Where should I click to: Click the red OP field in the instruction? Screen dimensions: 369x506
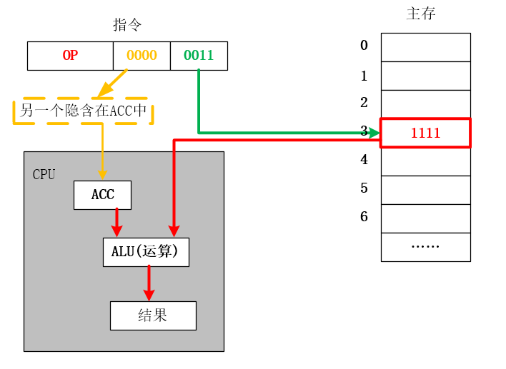tap(70, 56)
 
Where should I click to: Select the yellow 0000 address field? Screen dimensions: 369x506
tap(142, 56)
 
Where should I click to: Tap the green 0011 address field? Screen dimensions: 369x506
tap(199, 56)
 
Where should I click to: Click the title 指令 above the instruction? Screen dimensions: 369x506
tap(127, 25)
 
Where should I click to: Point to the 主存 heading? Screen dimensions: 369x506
tap(421, 14)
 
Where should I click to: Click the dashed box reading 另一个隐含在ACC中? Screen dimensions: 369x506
tap(83, 111)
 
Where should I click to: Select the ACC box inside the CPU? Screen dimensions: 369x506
tap(103, 195)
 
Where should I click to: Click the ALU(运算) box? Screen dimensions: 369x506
tap(146, 252)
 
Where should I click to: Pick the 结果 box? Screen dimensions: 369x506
tap(153, 315)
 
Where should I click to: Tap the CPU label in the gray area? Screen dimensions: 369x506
tap(44, 174)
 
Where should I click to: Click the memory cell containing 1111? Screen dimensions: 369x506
tap(425, 133)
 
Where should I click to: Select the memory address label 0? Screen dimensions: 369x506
tap(364, 46)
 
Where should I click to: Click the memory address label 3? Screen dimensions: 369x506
tap(364, 131)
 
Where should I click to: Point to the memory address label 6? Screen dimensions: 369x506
tap(364, 216)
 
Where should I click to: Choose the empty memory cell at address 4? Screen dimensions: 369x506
tap(425, 161)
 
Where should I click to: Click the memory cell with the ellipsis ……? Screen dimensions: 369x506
tap(425, 247)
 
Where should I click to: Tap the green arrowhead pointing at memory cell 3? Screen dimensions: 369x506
tap(373, 133)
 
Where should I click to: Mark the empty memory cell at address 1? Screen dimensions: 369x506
tap(425, 76)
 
